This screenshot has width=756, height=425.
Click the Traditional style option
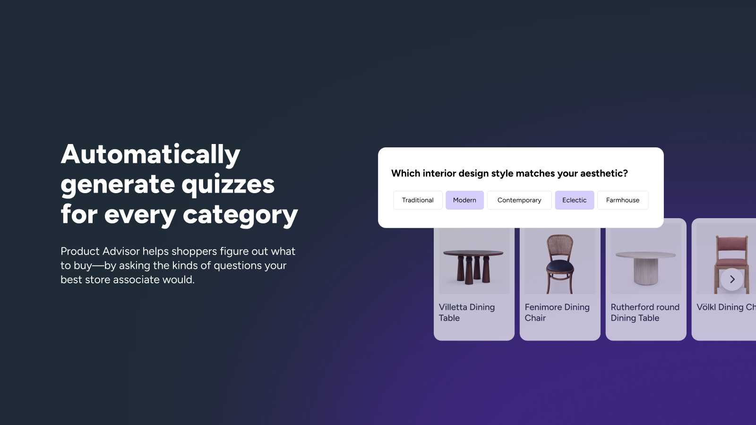coord(418,200)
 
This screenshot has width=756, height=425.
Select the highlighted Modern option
coord(464,200)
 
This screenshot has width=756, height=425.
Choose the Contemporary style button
coord(519,200)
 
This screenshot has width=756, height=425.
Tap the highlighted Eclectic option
coord(575,200)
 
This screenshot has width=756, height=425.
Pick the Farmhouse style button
coord(623,200)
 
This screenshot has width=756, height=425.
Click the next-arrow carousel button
coord(732,279)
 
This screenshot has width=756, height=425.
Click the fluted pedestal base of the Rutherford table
coord(645,271)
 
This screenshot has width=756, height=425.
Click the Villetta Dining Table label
coord(467,312)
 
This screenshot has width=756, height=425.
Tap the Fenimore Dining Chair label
coord(557,312)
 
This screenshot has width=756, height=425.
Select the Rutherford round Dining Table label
coord(645,312)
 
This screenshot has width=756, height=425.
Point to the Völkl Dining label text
coord(726,307)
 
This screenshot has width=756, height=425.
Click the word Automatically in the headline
coord(151,154)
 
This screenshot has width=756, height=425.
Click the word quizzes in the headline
coord(228,185)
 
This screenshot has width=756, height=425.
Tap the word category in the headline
coord(241,215)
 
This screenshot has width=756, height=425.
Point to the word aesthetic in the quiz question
coord(604,173)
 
